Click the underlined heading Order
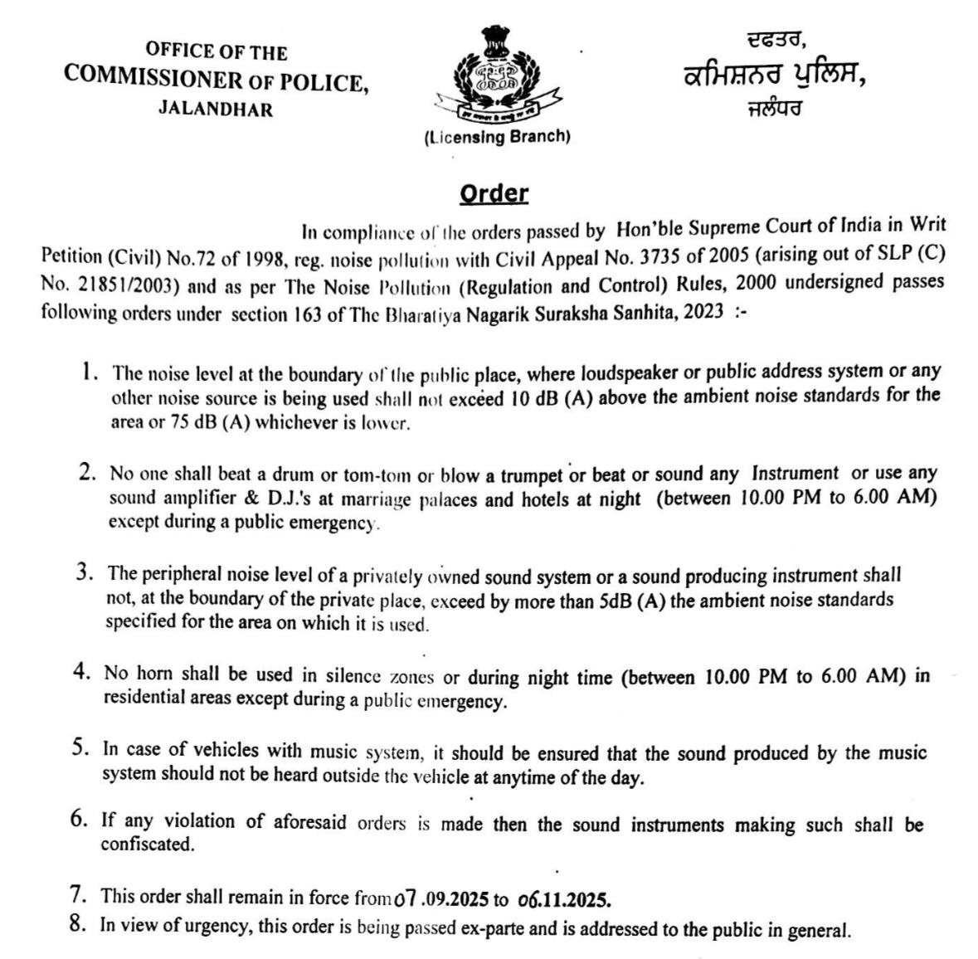pyautogui.click(x=494, y=194)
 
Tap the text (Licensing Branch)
pyautogui.click(x=496, y=137)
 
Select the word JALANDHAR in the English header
pyautogui.click(x=216, y=110)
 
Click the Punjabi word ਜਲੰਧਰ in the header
pyautogui.click(x=773, y=107)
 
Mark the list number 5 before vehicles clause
pyautogui.click(x=80, y=747)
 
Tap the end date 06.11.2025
pyautogui.click(x=563, y=898)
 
